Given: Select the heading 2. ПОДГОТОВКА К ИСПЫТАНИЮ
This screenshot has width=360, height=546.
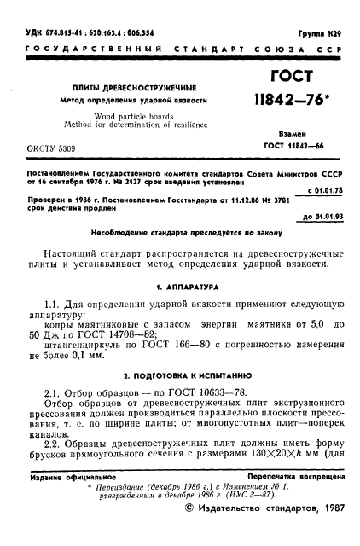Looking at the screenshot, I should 181,375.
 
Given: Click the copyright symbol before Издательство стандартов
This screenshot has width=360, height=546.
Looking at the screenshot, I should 189,530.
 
